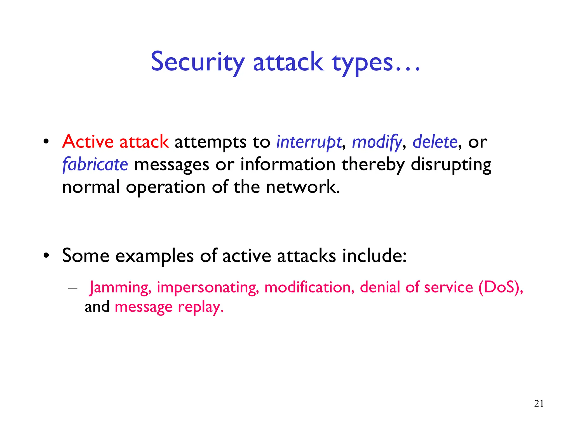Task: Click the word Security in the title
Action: click(198, 62)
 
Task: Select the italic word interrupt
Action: click(309, 142)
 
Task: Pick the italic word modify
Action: click(377, 142)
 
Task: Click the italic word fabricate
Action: click(95, 164)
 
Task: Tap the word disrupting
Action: click(451, 165)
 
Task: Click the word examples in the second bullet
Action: click(154, 256)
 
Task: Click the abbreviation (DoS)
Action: click(500, 287)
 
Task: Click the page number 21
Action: click(539, 403)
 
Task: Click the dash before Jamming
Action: click(73, 288)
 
